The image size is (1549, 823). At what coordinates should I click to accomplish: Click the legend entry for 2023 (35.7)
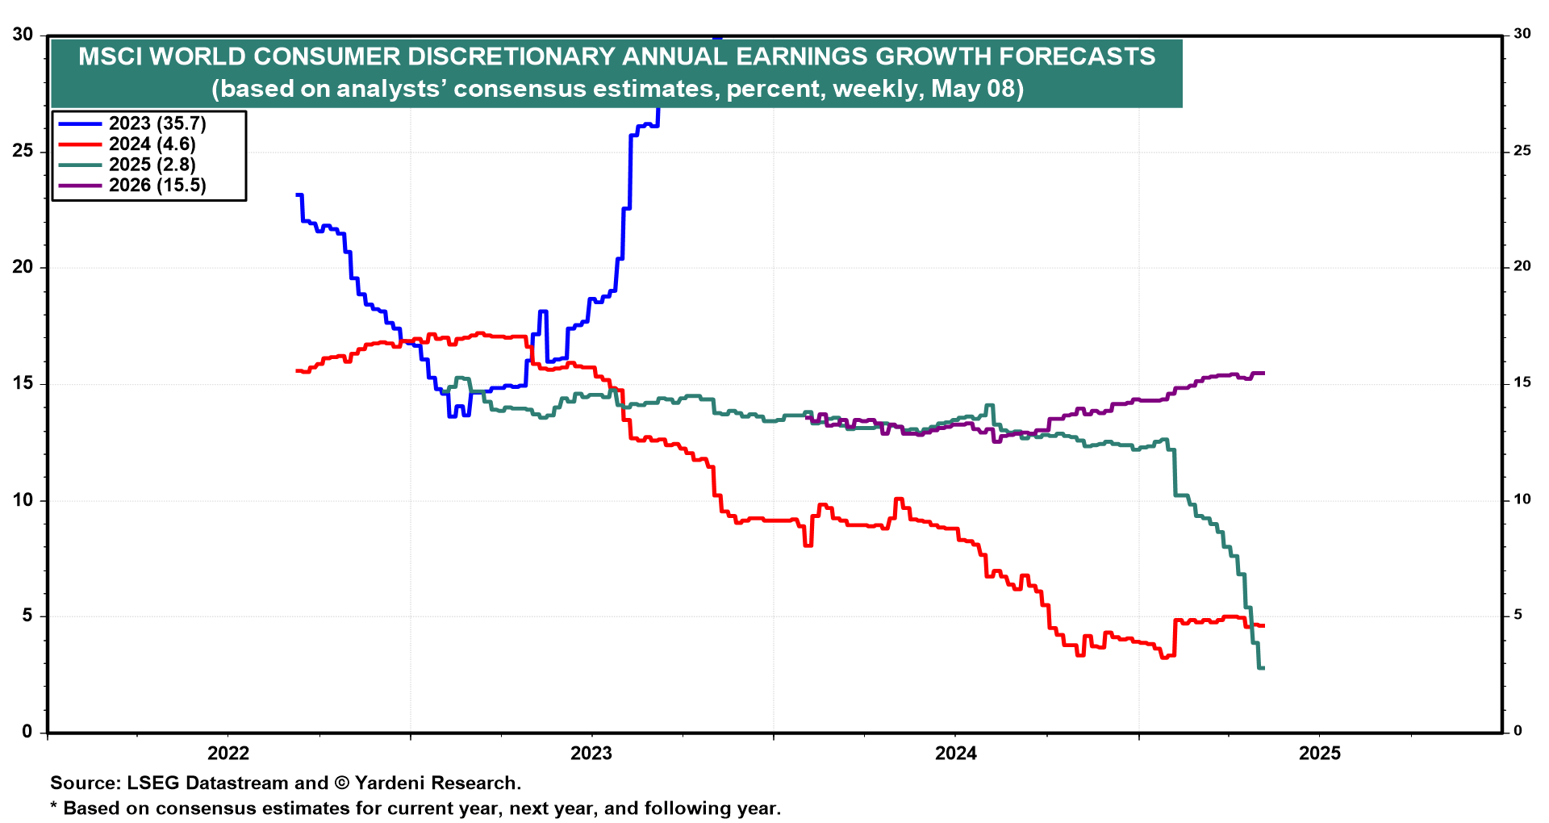(157, 123)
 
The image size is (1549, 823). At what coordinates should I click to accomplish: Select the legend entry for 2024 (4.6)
(152, 144)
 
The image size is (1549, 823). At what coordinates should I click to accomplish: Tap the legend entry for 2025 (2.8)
(152, 165)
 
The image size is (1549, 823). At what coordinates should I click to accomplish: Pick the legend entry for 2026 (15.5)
(157, 186)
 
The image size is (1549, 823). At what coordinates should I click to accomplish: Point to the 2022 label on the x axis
(228, 754)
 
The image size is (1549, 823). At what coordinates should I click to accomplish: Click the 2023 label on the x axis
(591, 754)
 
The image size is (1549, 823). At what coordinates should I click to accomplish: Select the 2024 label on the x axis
(956, 754)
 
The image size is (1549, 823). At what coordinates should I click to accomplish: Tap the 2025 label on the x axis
(1320, 754)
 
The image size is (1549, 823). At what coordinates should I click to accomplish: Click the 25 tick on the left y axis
(23, 151)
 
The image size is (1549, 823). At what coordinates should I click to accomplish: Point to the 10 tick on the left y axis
(23, 499)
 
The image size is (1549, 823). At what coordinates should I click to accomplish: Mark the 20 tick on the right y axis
(1522, 266)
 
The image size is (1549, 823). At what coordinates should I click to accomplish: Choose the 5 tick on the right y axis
(1518, 615)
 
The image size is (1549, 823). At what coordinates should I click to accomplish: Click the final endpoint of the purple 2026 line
(1263, 374)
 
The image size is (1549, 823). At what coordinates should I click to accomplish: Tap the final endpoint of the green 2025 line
(1263, 668)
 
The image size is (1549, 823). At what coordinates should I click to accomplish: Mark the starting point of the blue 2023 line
(298, 195)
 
